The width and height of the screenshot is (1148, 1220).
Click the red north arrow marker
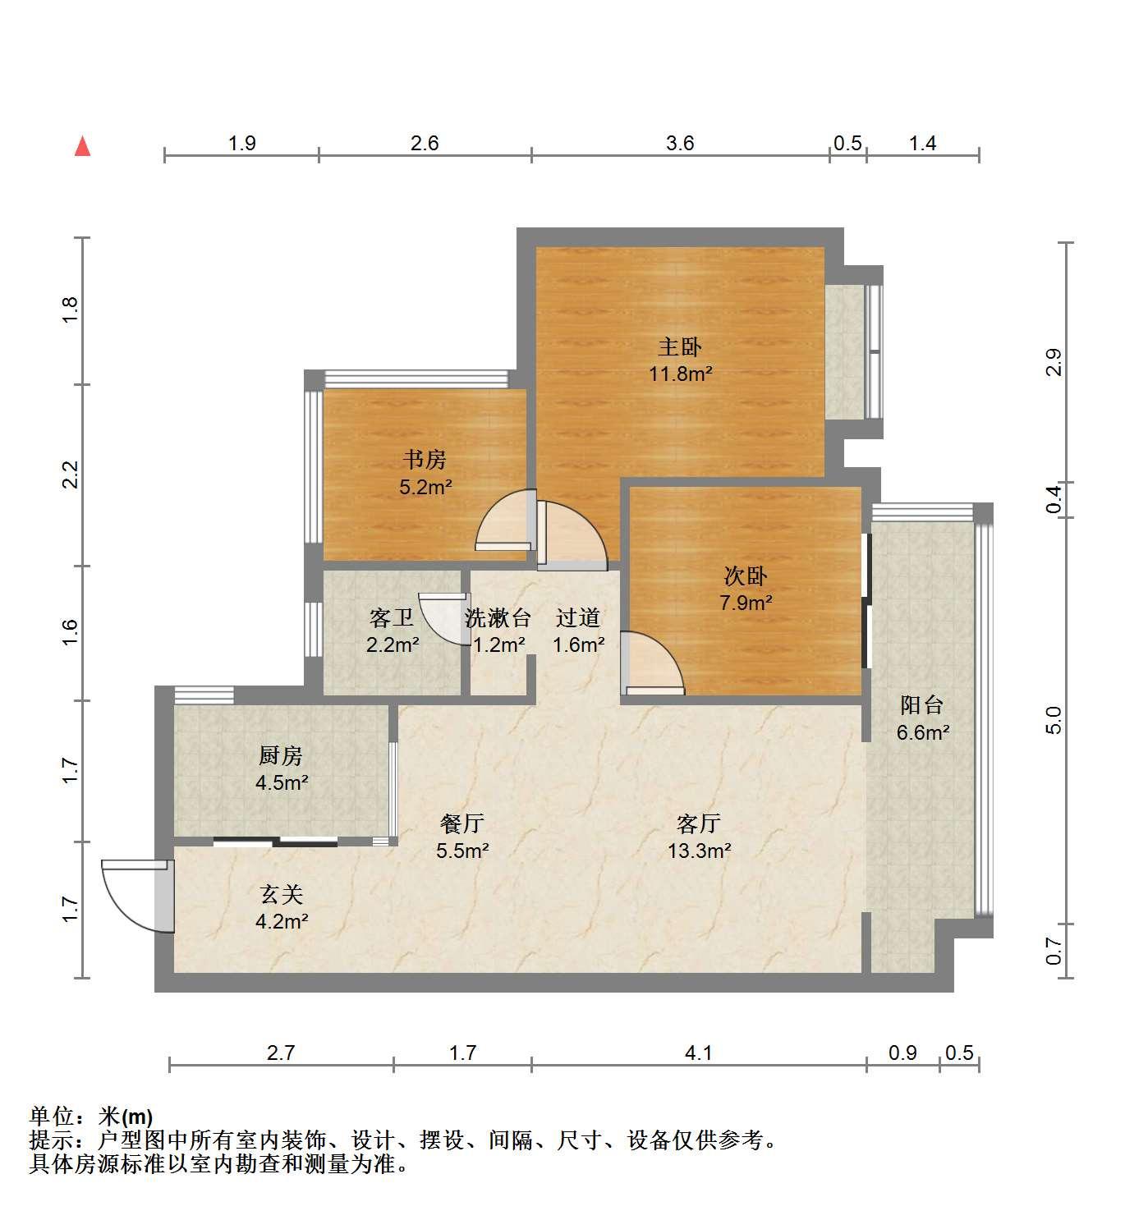(83, 147)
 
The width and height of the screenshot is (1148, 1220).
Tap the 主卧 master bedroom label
(680, 347)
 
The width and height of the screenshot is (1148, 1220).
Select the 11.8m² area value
(681, 374)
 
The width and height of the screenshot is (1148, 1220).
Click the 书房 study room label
(425, 460)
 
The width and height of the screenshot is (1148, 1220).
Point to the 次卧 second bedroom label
(746, 576)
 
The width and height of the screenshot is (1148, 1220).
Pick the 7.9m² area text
(746, 603)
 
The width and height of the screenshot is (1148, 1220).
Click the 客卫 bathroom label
(392, 617)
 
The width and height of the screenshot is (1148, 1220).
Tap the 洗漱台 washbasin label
(498, 617)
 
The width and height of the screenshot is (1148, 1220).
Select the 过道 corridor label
(577, 617)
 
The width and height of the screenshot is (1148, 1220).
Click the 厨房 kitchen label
(281, 755)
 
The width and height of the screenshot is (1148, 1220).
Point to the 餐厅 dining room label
(463, 823)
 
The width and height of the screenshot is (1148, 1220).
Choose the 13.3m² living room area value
(700, 851)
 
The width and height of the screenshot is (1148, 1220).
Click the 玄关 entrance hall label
(282, 894)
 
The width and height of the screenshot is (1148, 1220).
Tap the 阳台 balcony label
(922, 704)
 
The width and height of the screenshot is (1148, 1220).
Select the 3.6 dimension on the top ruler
(680, 143)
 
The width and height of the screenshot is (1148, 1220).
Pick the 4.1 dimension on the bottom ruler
(699, 1053)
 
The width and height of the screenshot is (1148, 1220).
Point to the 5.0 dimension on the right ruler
(1054, 721)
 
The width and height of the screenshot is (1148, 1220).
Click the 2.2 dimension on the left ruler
(71, 475)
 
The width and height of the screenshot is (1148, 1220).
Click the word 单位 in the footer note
(52, 1117)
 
